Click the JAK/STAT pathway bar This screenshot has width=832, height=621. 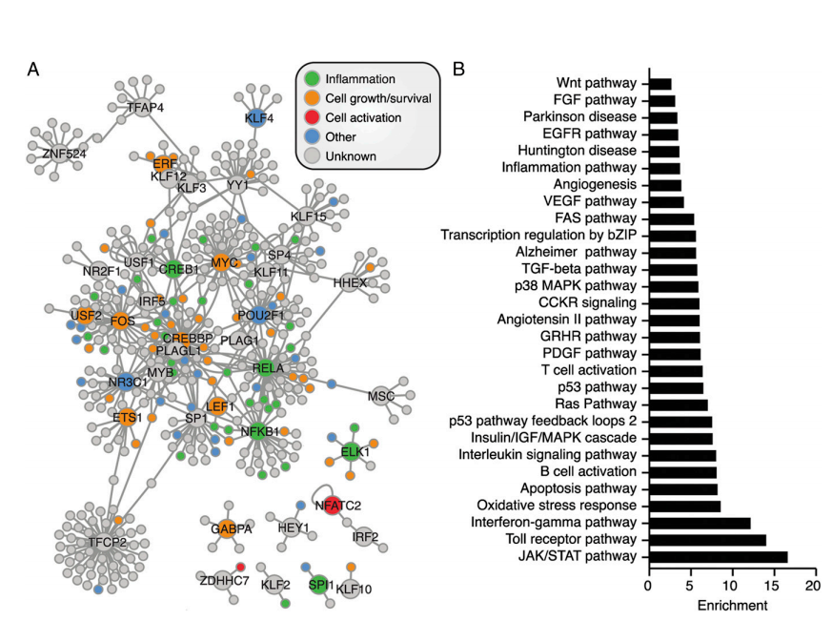718,557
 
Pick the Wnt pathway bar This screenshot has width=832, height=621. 660,84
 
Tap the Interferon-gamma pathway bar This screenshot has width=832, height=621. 700,523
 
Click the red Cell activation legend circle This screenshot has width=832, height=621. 312,117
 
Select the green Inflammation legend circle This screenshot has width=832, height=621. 312,78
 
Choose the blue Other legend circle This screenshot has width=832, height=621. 312,137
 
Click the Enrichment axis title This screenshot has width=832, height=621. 731,605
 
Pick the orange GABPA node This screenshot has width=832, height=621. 226,528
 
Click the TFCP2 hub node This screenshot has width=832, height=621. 103,541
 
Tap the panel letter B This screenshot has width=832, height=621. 459,70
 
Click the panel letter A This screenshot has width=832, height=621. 34,70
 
